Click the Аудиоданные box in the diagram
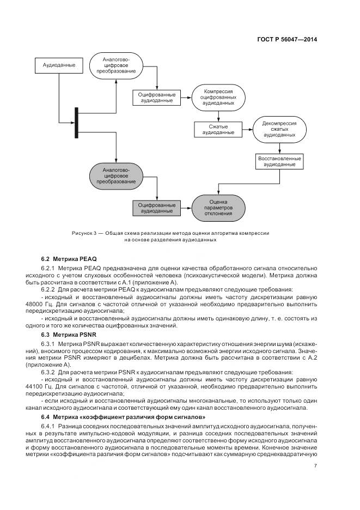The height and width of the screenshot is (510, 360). pyautogui.click(x=55, y=66)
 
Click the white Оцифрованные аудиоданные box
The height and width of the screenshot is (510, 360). pyautogui.click(x=157, y=97)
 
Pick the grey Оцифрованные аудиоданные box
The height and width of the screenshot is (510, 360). pyautogui.click(x=157, y=207)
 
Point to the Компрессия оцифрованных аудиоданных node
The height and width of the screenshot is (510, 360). pyautogui.click(x=218, y=97)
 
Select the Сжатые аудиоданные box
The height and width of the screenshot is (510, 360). pyautogui.click(x=218, y=129)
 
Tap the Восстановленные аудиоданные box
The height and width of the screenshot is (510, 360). pyautogui.click(x=279, y=161)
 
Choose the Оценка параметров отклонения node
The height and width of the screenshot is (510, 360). pyautogui.click(x=218, y=207)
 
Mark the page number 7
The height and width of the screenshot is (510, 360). pyautogui.click(x=316, y=465)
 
